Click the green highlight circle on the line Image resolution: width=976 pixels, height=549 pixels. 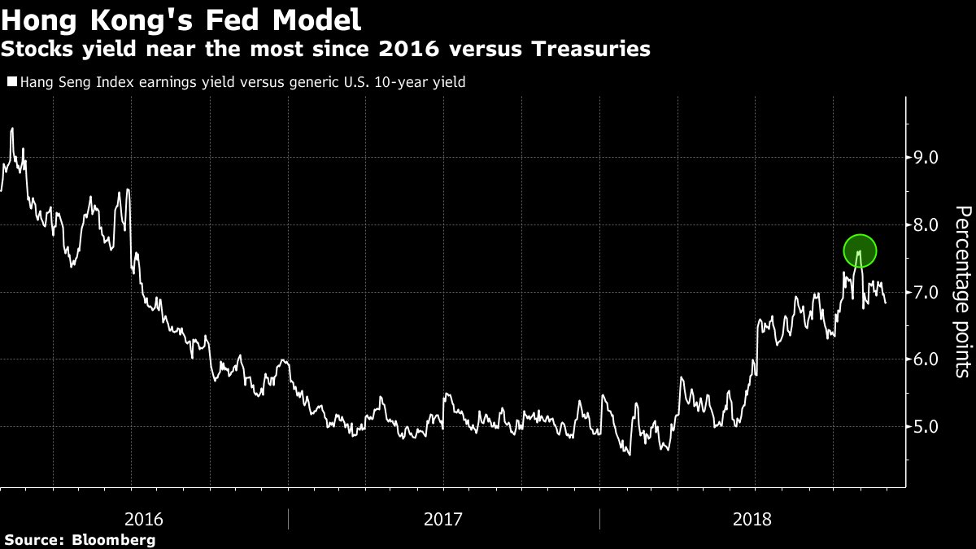point(860,251)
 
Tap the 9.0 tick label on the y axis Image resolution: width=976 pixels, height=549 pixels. point(927,157)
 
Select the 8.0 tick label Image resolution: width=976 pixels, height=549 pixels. point(927,224)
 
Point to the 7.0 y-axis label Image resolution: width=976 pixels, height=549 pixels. point(927,292)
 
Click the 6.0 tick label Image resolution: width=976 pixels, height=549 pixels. point(927,359)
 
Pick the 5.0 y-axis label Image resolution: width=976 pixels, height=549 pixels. point(927,426)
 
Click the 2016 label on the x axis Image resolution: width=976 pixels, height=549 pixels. point(145,519)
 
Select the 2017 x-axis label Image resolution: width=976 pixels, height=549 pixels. point(443,519)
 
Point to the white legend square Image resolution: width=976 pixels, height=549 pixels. point(11,81)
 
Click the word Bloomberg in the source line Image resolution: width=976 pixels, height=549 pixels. point(114,539)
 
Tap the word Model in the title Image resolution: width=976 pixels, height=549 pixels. point(312,19)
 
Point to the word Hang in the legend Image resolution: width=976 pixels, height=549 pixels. point(35,82)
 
